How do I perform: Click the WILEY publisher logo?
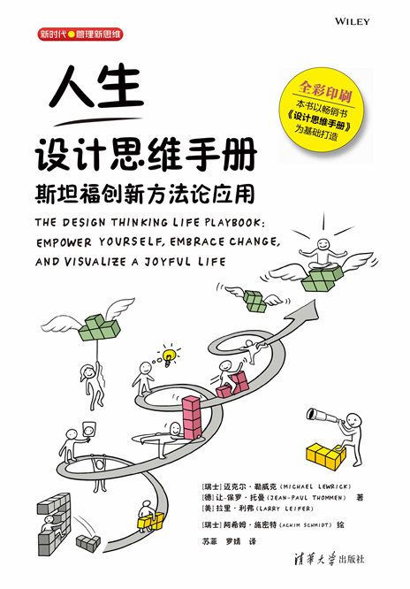pos(353,21)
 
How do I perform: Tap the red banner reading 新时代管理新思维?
pos(80,34)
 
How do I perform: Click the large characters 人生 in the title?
pos(96,88)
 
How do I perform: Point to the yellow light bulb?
pos(169,356)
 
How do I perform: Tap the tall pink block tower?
pos(192,417)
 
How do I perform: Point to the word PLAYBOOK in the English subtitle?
pos(235,223)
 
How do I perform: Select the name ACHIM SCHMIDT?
pos(305,525)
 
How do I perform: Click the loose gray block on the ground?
pos(88,543)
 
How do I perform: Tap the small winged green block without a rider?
pos(255,301)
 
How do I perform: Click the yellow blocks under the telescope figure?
pos(325,455)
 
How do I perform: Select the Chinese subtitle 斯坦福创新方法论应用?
pos(145,194)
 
